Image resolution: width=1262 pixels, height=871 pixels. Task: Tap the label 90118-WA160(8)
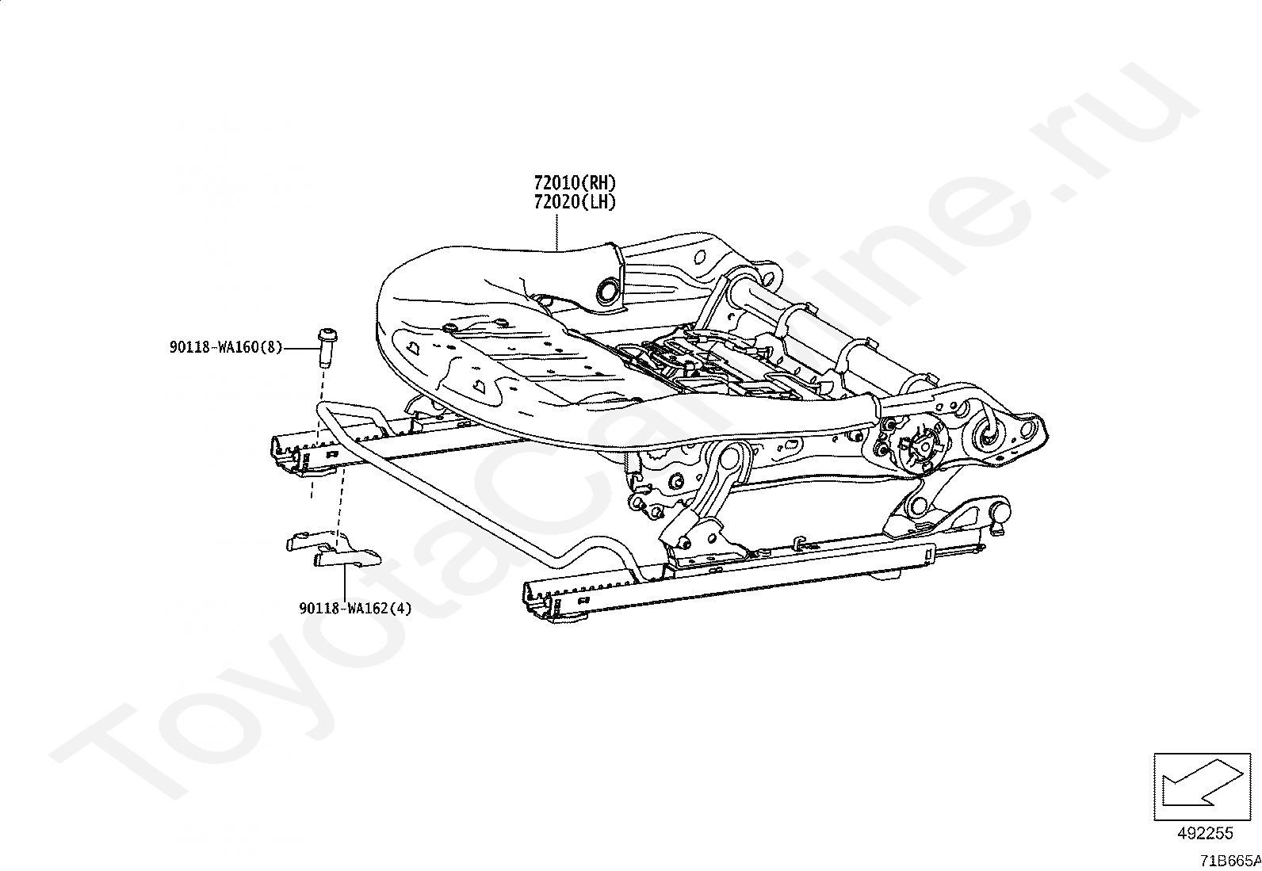(225, 347)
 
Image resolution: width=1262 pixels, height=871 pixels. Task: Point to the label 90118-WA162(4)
(355, 609)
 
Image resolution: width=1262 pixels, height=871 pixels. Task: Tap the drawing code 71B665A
(1229, 860)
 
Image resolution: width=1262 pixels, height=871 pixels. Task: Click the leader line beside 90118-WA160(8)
(298, 347)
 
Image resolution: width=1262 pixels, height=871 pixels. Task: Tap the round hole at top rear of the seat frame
(699, 258)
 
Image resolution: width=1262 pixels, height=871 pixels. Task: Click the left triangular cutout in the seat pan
(413, 346)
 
